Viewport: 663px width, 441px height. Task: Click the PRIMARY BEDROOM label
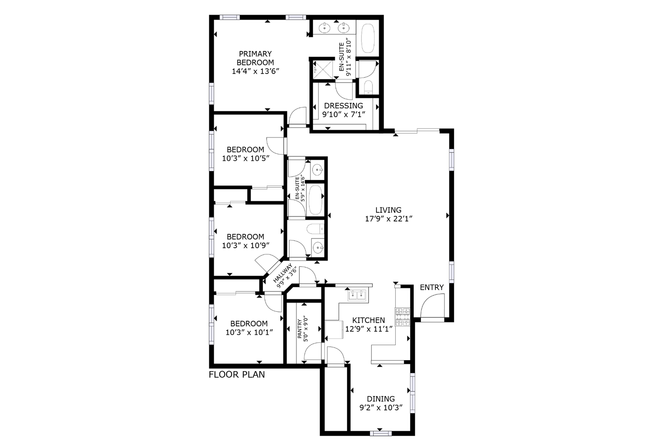click(255, 58)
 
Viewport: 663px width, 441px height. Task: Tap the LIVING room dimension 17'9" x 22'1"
click(389, 219)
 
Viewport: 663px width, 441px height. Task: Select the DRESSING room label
click(343, 106)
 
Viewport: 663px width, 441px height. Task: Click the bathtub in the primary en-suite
click(368, 38)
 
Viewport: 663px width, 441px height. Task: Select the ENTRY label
click(432, 287)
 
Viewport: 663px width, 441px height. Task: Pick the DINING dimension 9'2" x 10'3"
click(381, 408)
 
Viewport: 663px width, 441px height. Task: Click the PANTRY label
click(300, 329)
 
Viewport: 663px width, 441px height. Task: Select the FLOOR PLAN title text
click(237, 374)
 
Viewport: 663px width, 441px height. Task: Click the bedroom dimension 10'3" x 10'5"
click(246, 158)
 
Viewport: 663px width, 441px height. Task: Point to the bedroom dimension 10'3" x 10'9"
click(246, 245)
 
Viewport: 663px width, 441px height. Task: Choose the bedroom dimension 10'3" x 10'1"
click(249, 332)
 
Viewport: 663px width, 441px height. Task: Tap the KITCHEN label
click(369, 320)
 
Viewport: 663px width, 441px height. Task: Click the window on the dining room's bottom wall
click(381, 434)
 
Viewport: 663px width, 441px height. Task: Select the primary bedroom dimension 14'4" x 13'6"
click(255, 71)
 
